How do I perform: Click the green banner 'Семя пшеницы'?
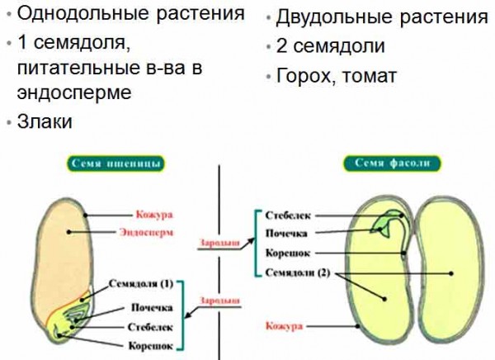[114, 163]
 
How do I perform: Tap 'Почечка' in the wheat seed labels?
[149, 306]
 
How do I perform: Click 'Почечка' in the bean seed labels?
[286, 234]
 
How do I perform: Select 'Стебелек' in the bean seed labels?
[288, 215]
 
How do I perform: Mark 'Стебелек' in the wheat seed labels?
[149, 326]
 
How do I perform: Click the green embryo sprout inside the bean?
[384, 221]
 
